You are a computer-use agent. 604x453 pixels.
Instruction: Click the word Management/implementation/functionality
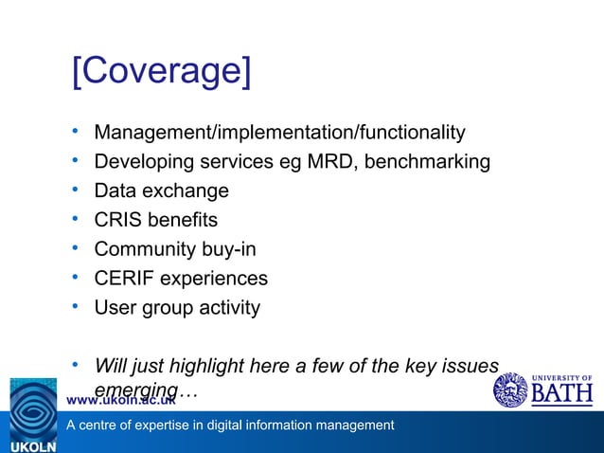(x=279, y=132)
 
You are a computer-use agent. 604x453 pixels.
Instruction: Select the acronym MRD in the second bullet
(x=330, y=161)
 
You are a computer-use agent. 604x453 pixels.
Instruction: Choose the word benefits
(x=184, y=220)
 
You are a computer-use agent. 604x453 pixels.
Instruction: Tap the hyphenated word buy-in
(x=228, y=249)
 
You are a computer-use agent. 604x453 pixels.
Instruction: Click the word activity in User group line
(x=226, y=308)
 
